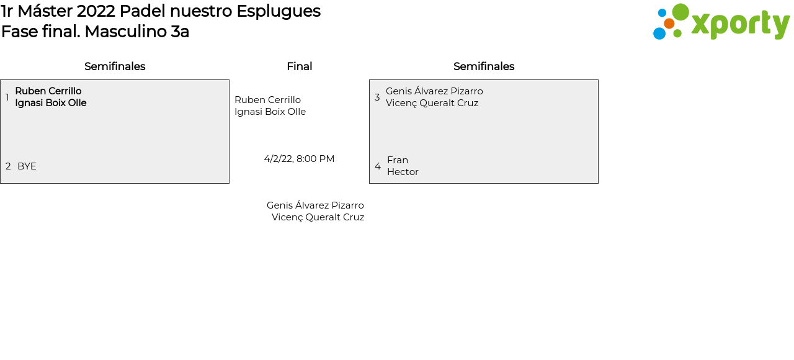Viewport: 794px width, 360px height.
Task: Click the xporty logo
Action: coord(721,22)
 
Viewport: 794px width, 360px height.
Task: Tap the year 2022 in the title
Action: coord(96,11)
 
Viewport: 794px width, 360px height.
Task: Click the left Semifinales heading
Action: coord(115,66)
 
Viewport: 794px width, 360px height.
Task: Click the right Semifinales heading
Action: coord(484,66)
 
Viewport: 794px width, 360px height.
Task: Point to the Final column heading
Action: coord(299,66)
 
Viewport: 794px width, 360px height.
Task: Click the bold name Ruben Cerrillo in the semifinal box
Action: coord(48,91)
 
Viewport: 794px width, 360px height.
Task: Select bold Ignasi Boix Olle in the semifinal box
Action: coord(51,103)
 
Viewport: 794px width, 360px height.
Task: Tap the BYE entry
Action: coord(27,166)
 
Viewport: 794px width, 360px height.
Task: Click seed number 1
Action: coord(7,97)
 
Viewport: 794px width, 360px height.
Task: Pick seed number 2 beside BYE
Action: coord(8,166)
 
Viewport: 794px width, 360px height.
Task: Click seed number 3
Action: coord(377,97)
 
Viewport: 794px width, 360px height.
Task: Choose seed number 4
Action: coord(378,166)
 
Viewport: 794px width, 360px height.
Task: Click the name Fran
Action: coord(398,160)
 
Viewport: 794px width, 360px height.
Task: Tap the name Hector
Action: coord(403,172)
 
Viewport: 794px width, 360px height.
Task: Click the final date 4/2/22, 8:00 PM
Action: coord(299,159)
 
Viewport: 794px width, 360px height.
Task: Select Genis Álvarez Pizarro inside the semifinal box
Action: coord(434,91)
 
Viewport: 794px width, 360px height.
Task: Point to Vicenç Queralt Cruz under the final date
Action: coord(318,217)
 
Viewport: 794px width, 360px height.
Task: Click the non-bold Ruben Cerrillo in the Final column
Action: coord(267,100)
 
